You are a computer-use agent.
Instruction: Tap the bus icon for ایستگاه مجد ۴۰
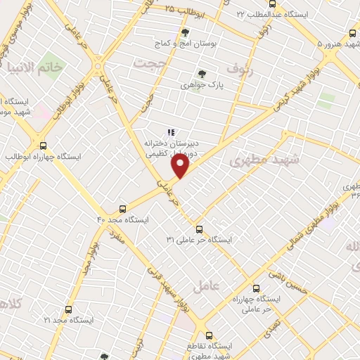click(123, 209)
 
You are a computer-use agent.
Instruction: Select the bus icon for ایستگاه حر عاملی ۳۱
click(199, 229)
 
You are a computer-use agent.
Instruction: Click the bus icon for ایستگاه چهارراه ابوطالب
click(44, 146)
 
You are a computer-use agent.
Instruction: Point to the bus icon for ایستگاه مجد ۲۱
click(68, 309)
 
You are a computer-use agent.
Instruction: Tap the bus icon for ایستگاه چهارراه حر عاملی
click(256, 288)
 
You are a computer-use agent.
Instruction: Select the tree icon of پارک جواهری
click(202, 74)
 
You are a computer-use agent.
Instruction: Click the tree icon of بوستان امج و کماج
click(185, 32)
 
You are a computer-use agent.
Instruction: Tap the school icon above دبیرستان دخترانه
click(170, 131)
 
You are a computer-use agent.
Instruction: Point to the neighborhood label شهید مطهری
click(264, 161)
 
